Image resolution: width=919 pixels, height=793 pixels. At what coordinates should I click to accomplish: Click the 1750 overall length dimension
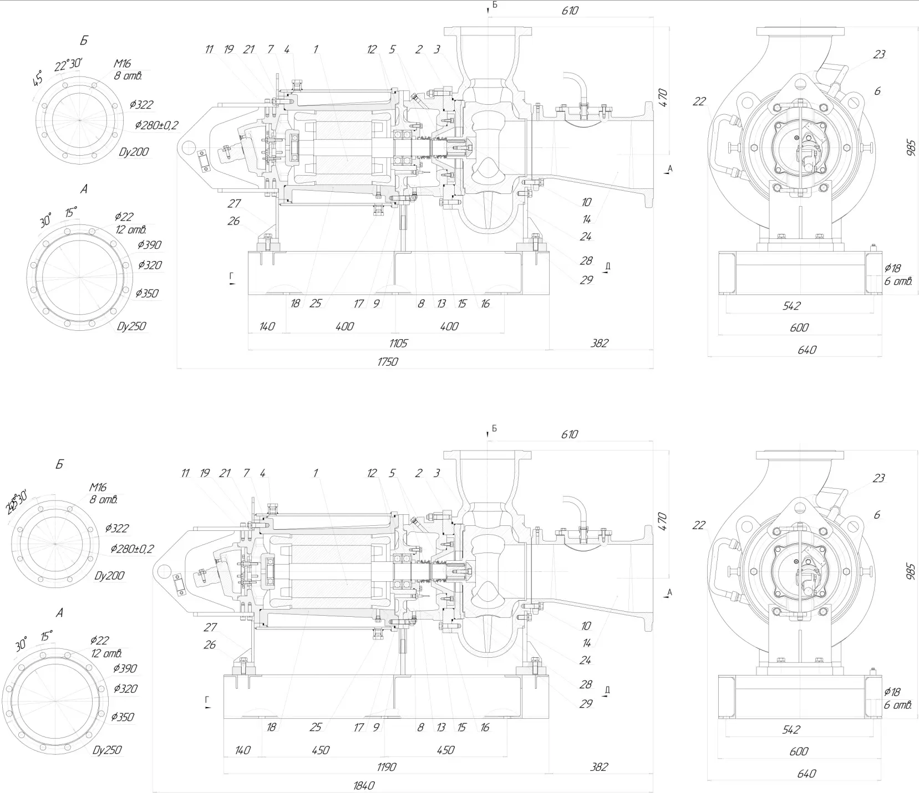tap(388, 362)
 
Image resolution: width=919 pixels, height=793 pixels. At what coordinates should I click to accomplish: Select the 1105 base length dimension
tap(398, 344)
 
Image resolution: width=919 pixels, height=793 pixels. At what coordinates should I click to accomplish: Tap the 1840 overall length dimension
tap(364, 785)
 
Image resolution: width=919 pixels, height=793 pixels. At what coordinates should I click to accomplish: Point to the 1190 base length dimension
tap(385, 767)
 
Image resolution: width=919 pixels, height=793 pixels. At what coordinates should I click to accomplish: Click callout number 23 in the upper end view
tap(879, 54)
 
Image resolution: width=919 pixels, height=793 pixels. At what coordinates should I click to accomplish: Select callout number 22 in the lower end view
tap(699, 525)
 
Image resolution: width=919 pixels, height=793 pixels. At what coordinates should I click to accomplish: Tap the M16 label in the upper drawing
tap(121, 64)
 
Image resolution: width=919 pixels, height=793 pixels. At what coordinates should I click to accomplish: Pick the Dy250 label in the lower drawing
tap(107, 750)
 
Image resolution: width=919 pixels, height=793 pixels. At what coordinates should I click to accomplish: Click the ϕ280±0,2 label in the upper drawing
tap(156, 126)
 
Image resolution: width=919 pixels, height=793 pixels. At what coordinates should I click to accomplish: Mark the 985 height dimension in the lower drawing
tap(910, 570)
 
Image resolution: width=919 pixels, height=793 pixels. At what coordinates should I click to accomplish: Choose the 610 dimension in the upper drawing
tap(570, 11)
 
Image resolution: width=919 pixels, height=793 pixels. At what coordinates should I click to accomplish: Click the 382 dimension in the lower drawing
tap(599, 767)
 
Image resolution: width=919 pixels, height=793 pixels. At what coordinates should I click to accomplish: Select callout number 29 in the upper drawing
tap(586, 280)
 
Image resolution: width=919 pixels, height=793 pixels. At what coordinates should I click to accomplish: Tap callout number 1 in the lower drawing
tap(316, 473)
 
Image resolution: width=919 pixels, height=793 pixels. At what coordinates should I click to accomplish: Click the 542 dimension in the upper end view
tap(791, 306)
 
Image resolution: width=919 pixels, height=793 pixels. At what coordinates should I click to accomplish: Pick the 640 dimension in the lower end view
tap(807, 774)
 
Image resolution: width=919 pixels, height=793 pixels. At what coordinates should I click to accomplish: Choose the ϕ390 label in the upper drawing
tap(149, 244)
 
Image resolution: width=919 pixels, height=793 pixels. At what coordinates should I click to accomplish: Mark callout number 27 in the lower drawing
tap(210, 627)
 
